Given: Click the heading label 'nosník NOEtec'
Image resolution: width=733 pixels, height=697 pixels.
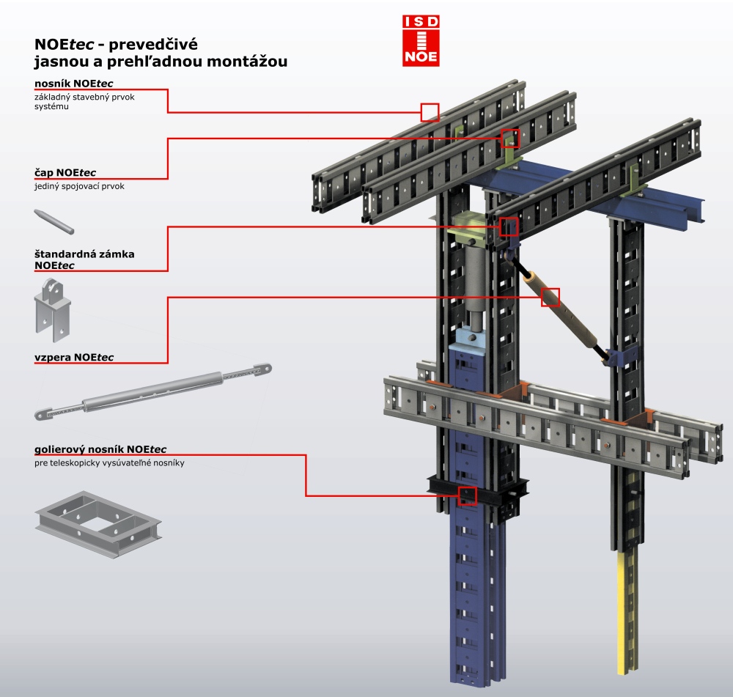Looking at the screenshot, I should (x=73, y=83).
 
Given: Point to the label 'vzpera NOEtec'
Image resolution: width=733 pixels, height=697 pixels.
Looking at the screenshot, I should (x=74, y=357).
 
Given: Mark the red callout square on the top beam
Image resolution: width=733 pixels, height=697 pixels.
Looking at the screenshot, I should (x=430, y=112).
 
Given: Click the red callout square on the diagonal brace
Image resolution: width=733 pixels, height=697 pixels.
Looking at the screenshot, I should (x=550, y=297).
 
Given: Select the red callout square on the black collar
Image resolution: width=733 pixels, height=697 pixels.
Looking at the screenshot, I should (x=467, y=496).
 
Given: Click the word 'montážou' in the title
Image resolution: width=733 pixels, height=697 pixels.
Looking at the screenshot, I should (x=248, y=62).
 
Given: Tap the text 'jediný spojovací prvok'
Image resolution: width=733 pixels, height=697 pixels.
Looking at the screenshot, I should (x=79, y=186).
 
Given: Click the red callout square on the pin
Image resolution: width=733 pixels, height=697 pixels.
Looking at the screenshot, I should (x=510, y=138).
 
